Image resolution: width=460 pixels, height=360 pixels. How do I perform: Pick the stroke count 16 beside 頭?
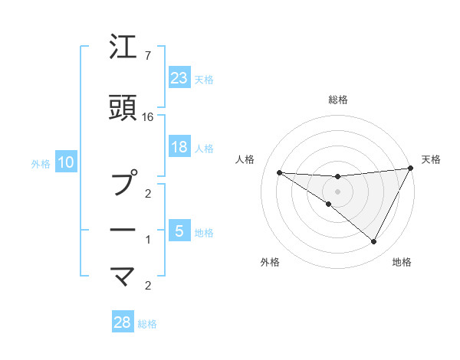pos(149,116)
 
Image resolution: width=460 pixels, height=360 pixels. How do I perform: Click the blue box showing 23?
pos(179,77)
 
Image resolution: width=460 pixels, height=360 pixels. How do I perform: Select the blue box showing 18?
pos(179,147)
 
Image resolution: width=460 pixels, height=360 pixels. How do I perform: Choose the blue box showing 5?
pos(179,231)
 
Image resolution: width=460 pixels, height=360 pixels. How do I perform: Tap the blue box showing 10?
pos(66,162)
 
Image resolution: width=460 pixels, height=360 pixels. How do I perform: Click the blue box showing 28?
pos(123,322)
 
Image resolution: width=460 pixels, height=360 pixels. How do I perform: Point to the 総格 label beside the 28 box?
pos(147,324)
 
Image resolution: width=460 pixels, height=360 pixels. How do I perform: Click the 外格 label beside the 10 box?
pos(41,163)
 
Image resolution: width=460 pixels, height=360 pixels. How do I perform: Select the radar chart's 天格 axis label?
pos(431,159)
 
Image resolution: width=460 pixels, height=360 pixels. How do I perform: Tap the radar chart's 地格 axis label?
pos(402,262)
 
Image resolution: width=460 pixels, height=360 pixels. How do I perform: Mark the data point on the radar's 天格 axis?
pos(410,169)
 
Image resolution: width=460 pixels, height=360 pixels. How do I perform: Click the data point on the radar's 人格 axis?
pos(279,172)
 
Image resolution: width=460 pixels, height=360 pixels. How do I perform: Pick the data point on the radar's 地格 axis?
pos(374,242)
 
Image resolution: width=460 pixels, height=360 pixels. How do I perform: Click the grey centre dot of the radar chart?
pos(337,191)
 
